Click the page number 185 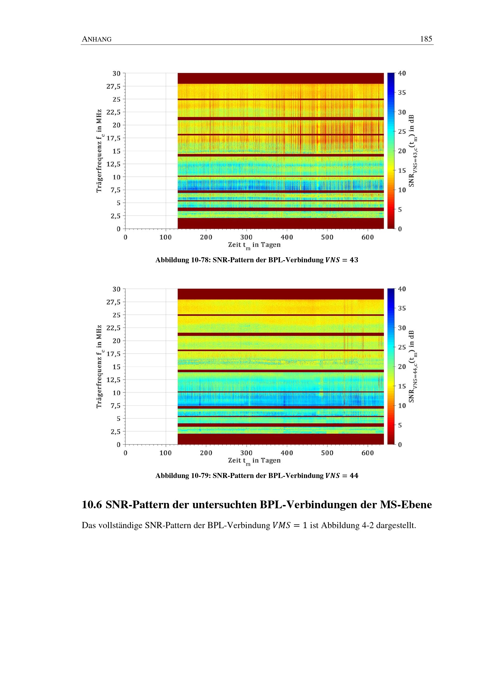tap(426, 39)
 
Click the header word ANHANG tap(97, 39)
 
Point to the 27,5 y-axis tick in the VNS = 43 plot tap(113, 86)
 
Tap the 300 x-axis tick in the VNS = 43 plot tap(246, 237)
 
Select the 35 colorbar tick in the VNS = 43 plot tap(402, 93)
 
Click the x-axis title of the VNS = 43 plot tap(254, 245)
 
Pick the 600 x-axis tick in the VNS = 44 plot tap(368, 453)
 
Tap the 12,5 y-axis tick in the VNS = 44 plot tap(113, 380)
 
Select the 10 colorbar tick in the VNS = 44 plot tap(402, 406)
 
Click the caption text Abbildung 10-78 tap(183, 260)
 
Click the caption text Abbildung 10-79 tap(183, 476)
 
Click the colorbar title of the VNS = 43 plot tap(412, 150)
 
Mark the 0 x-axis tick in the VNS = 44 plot tap(126, 453)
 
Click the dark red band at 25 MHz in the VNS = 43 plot tap(281, 99)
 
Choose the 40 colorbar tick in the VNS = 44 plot tap(402, 289)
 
